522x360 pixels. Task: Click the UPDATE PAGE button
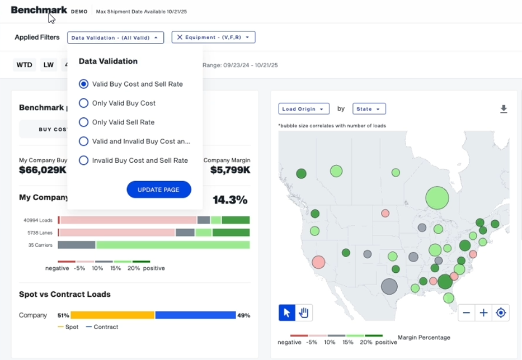pos(159,190)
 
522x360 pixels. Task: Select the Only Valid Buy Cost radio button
pos(83,103)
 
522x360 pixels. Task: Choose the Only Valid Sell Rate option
pos(83,122)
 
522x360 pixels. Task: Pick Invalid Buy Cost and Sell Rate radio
pos(83,160)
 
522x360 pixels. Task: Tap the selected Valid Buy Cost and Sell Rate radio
pos(83,84)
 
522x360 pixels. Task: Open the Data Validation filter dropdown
pos(115,37)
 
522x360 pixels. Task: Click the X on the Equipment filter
pos(180,37)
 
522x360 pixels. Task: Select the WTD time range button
pos(24,64)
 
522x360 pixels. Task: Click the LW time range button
pos(48,64)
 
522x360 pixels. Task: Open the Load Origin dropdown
pos(304,109)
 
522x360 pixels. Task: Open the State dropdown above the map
pos(369,109)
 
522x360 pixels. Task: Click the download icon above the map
pos(504,109)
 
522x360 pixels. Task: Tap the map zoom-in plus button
pos(483,312)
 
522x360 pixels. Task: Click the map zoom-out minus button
pos(467,312)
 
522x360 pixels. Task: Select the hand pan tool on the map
pos(304,312)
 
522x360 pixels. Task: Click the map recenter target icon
pos(501,312)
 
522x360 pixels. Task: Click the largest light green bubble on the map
pos(437,198)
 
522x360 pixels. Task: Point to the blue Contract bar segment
pos(196,315)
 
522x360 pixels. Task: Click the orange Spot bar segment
pos(112,315)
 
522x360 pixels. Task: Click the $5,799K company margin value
pos(230,170)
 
